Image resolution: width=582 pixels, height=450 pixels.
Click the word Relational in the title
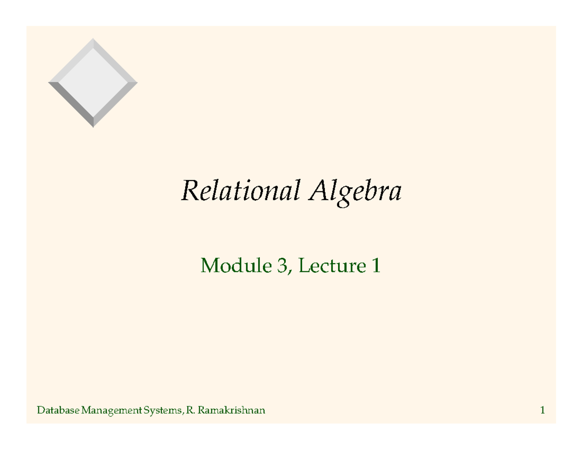point(239,191)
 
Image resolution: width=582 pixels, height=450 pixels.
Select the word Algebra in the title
point(355,192)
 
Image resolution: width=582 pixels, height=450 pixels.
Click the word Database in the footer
point(58,411)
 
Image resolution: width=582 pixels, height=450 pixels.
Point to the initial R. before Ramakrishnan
point(190,411)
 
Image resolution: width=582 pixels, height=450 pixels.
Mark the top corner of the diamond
point(93,40)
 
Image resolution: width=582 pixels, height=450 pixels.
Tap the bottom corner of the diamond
point(93,126)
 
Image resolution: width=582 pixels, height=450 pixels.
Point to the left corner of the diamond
point(49,83)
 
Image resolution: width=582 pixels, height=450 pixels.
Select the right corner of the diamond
point(137,83)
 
